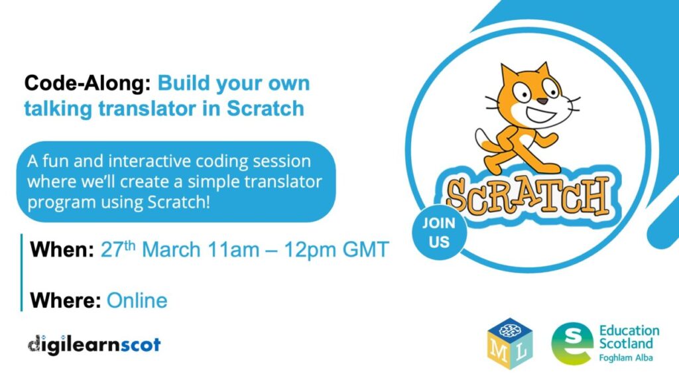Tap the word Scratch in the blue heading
pyautogui.click(x=265, y=108)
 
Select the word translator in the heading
pyautogui.click(x=147, y=108)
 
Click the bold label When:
pyautogui.click(x=62, y=249)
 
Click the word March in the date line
pyautogui.click(x=171, y=249)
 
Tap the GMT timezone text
pyautogui.click(x=366, y=249)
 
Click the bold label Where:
pyautogui.click(x=66, y=300)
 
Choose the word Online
pyautogui.click(x=137, y=300)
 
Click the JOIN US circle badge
pyautogui.click(x=439, y=233)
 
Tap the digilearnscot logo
pyautogui.click(x=94, y=345)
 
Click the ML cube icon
pyautogui.click(x=510, y=343)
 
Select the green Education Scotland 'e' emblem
pyautogui.click(x=572, y=343)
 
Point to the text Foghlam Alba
pyautogui.click(x=626, y=357)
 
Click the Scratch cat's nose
pyautogui.click(x=542, y=101)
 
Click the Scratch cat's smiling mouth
pyautogui.click(x=540, y=115)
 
